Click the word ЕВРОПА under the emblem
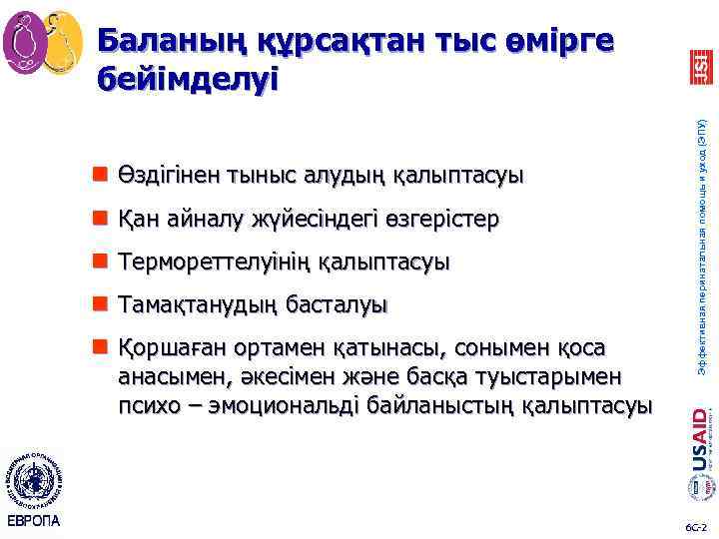click(34, 521)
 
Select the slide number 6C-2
click(695, 525)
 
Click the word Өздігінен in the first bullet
click(165, 176)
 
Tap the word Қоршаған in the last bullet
click(171, 348)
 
